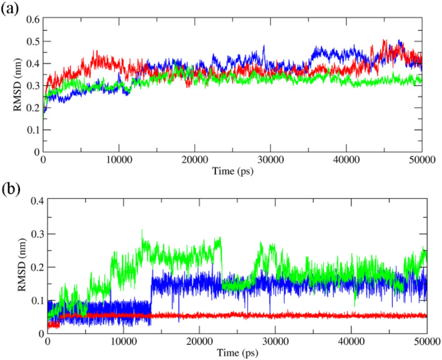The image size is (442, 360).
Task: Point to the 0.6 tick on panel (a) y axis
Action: (x=29, y=20)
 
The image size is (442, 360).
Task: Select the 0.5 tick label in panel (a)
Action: (x=29, y=42)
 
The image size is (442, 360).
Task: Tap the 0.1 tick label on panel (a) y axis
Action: (x=29, y=130)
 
